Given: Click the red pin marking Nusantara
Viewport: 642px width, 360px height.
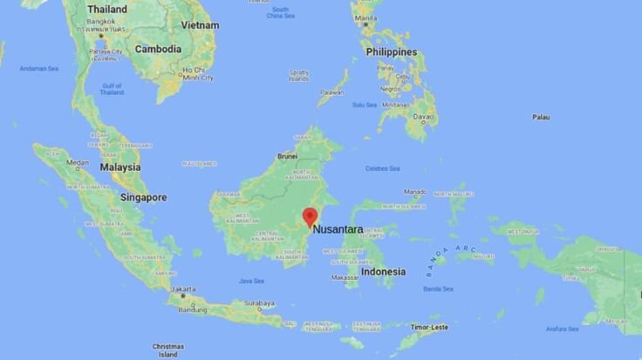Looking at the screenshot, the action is (x=309, y=216).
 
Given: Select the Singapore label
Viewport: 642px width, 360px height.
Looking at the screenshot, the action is (x=144, y=198).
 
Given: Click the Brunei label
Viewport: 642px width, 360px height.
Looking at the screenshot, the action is (x=286, y=157).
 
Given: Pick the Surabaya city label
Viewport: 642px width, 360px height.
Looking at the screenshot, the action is (x=259, y=304).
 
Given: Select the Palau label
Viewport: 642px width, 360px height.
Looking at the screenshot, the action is (x=541, y=117).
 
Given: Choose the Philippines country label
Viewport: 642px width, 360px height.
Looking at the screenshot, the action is (x=392, y=51).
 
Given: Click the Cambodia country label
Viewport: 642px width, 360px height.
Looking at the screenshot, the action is (x=158, y=50).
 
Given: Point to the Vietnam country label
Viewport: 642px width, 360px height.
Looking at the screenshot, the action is (x=201, y=25).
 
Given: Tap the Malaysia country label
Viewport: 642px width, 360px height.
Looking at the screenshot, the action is (x=120, y=166).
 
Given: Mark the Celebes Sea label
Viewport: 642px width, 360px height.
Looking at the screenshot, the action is (x=383, y=168).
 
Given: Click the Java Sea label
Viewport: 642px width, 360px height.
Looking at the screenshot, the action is (x=251, y=281).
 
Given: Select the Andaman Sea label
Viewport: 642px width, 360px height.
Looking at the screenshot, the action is (x=39, y=68).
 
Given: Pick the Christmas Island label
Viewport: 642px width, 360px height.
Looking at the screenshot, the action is (x=168, y=350).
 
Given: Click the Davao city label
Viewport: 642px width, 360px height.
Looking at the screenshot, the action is (x=425, y=116).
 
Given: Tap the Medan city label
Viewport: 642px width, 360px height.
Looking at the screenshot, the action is (x=78, y=162).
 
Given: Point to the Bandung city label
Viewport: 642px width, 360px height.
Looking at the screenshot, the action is (x=193, y=309).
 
